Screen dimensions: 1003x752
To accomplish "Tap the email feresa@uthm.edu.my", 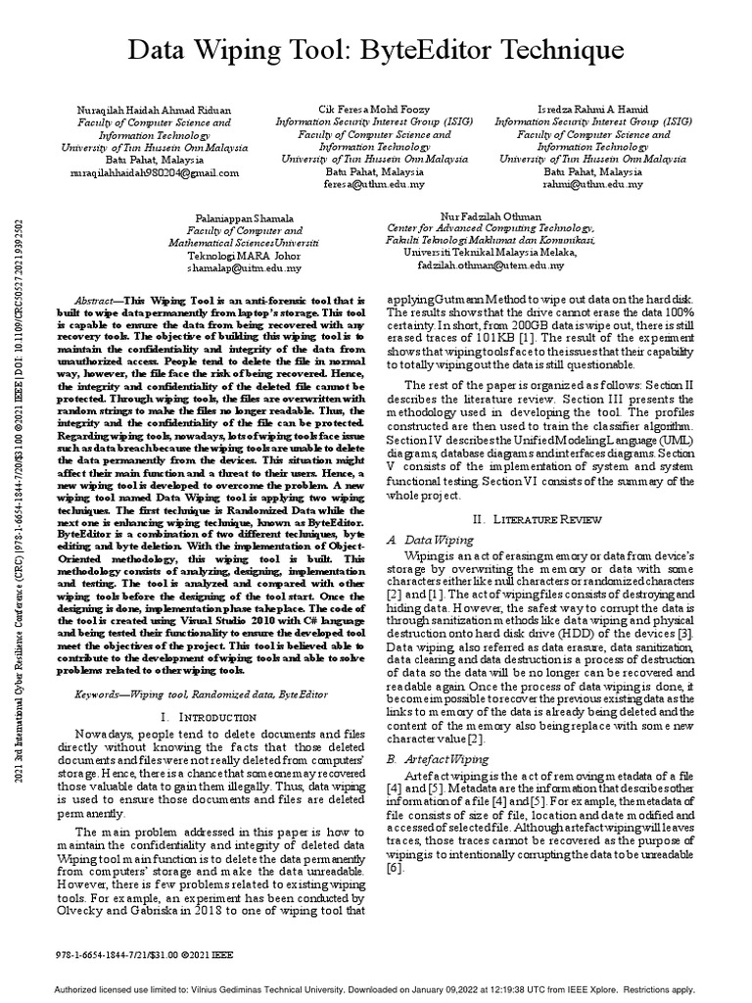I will point(361,183).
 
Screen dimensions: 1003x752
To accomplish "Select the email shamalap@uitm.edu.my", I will point(245,266).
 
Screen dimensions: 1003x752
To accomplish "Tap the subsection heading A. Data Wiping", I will point(432,540).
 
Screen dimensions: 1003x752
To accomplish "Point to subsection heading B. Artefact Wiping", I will point(440,758).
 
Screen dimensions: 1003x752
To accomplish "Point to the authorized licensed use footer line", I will point(376,988).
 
